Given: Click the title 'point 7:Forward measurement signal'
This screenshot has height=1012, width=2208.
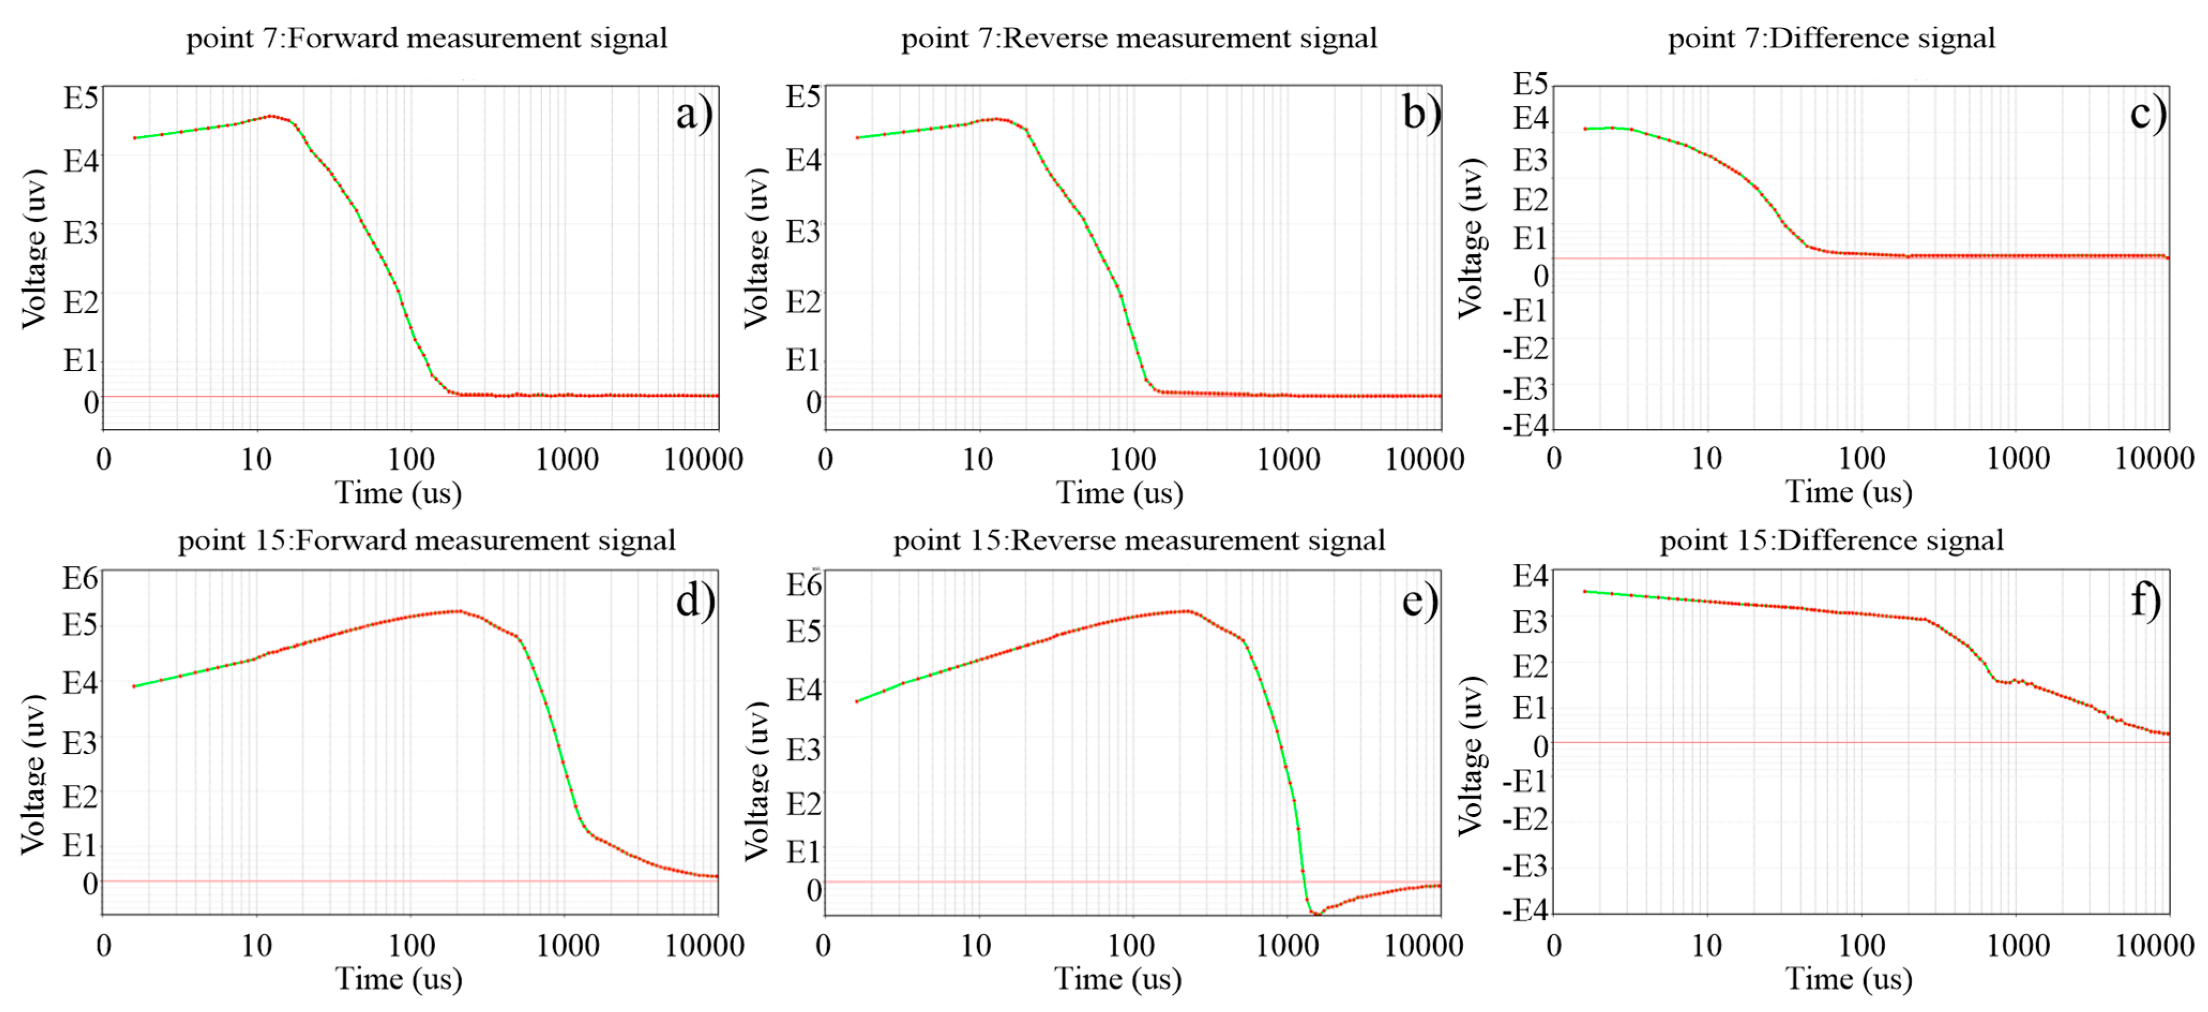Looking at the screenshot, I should click(x=426, y=39).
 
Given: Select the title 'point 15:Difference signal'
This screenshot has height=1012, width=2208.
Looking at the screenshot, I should click(x=1831, y=541).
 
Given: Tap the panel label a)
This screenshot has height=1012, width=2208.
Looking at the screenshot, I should click(x=693, y=114).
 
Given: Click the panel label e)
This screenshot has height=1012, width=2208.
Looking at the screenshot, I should click(x=1419, y=600).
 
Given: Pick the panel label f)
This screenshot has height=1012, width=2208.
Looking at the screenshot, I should click(x=2145, y=599).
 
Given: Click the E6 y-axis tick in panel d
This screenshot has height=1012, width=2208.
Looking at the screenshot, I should click(x=80, y=578).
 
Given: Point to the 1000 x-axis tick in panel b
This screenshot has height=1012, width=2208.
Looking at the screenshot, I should click(x=1288, y=460).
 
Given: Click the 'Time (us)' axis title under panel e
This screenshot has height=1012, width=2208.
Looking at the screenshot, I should click(x=1118, y=979).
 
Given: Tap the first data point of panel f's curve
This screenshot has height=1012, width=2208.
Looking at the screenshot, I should click(x=1585, y=591).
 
